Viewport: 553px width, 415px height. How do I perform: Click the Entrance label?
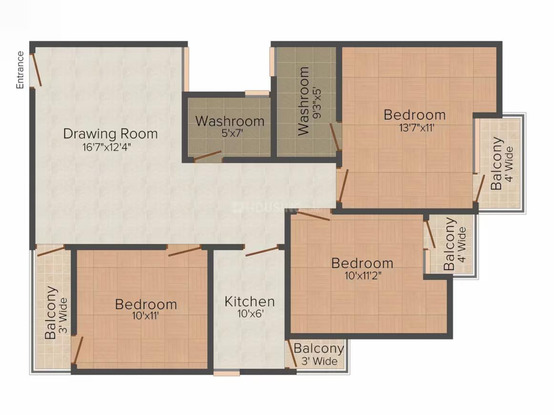coord(20,70)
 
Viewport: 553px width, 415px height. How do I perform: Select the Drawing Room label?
coord(110,133)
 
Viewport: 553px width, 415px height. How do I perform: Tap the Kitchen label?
coord(249,301)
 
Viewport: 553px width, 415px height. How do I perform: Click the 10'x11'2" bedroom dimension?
coord(362,275)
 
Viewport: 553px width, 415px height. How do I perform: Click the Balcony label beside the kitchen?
coord(318,349)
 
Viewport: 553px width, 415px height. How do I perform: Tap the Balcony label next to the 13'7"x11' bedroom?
coord(497,163)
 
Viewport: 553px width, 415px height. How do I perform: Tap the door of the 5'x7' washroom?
coord(207,156)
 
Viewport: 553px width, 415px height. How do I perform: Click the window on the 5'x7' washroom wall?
coord(257,93)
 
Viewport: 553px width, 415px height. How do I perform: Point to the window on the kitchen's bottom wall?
coord(226,373)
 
